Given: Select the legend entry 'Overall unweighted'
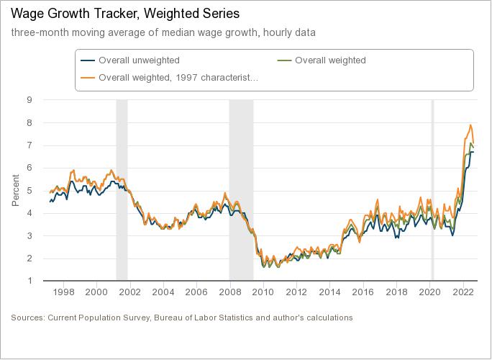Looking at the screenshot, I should pos(139,60).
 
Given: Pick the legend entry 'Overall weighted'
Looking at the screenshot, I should pos(330,60).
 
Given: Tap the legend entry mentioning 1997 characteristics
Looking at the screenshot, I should pos(178,77).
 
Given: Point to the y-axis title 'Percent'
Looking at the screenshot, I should pos(16,190).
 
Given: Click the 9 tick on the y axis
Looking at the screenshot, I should pos(29,100).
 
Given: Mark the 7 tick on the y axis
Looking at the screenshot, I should pos(29,145).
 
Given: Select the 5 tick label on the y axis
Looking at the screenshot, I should pos(29,191).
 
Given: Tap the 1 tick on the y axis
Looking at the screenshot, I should pos(29,281).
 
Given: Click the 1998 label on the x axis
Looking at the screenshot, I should pos(64,292).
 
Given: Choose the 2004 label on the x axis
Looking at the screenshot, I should pos(163,292).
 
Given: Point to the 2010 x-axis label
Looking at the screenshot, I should pos(263,292).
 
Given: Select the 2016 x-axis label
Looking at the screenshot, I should pos(363,292).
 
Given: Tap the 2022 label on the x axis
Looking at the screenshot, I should pos(462,292).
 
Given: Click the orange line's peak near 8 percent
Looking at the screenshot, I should pos(470,125).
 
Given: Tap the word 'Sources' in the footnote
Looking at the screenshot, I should pos(27,318).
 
